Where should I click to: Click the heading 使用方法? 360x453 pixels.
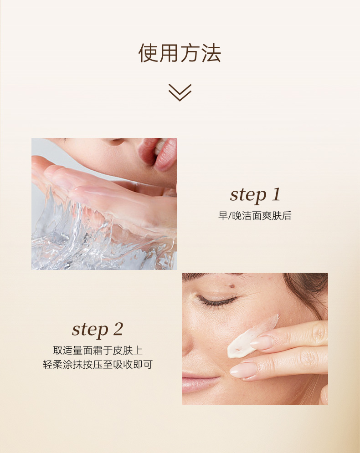click(180, 53)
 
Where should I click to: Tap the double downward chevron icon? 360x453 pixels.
click(180, 92)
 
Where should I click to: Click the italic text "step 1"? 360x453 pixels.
click(255, 195)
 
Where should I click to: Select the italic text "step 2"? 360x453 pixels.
click(98, 330)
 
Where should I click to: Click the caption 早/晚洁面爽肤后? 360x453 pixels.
click(255, 216)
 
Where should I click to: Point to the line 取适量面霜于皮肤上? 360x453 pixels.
click(98, 351)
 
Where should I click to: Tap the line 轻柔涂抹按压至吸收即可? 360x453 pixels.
click(98, 365)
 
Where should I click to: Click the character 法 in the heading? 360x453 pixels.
click(211, 53)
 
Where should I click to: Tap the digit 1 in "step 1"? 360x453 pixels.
click(276, 194)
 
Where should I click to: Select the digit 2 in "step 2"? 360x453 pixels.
click(118, 329)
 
